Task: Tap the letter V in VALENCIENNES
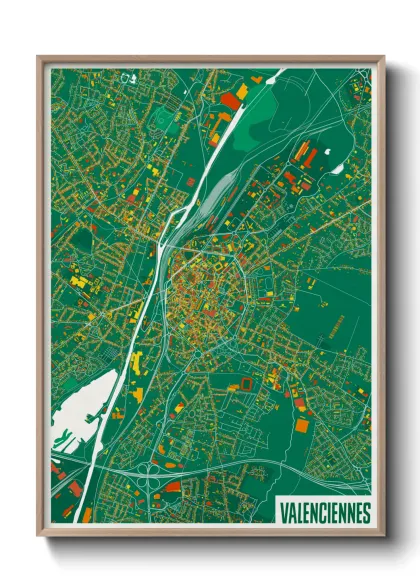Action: coord(283,513)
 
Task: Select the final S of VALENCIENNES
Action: coord(366,513)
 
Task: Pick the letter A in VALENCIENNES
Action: coord(291,513)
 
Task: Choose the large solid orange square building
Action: coord(302,425)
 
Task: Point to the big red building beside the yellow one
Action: coord(230,99)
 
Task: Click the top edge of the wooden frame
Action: coord(210,59)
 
